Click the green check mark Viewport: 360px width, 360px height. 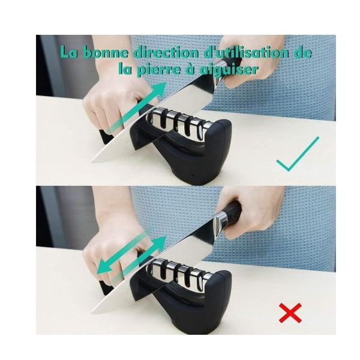298,154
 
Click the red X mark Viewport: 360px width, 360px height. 290,313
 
